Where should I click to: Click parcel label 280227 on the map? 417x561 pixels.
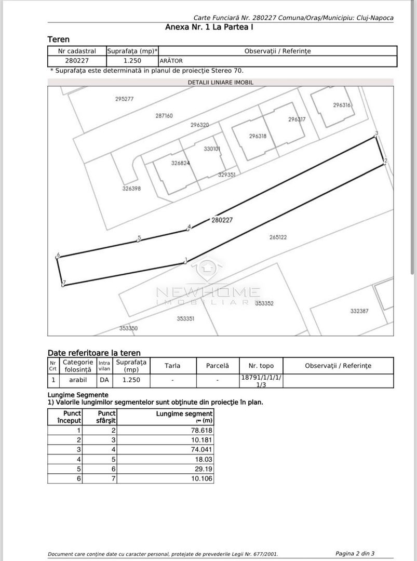pos(222,220)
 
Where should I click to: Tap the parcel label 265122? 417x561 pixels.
pos(278,237)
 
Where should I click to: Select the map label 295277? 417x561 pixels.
pos(125,99)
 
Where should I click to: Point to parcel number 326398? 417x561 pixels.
pos(131,189)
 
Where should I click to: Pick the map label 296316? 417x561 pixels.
pos(342,105)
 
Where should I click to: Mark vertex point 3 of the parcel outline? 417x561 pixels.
pos(376,137)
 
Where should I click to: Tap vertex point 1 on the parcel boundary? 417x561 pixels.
pos(184,262)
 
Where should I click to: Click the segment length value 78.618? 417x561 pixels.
pos(202,430)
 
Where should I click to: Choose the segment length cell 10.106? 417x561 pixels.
pos(202,478)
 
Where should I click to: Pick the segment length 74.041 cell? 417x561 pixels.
pos(202,449)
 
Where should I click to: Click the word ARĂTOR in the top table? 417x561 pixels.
pos(171,61)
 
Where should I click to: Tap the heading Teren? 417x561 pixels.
pos(58,39)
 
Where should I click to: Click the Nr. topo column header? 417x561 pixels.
pos(261,366)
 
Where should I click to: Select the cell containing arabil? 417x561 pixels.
pos(78,380)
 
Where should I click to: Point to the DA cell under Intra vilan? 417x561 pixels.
pos(104,380)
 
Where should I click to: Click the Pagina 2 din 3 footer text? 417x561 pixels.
pos(355,553)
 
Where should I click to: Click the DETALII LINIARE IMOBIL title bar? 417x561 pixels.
pos(220,82)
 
